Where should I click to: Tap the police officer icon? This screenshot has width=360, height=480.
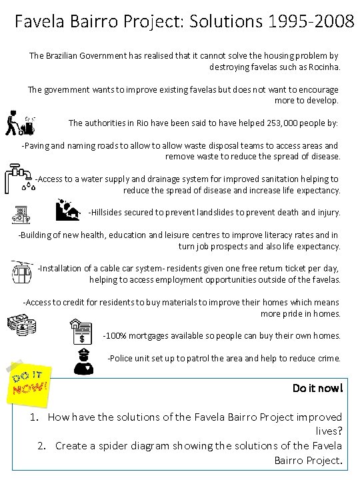[87, 361]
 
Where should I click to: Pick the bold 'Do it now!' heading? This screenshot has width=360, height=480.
[317, 387]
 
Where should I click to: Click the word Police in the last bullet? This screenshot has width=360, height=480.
[123, 358]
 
